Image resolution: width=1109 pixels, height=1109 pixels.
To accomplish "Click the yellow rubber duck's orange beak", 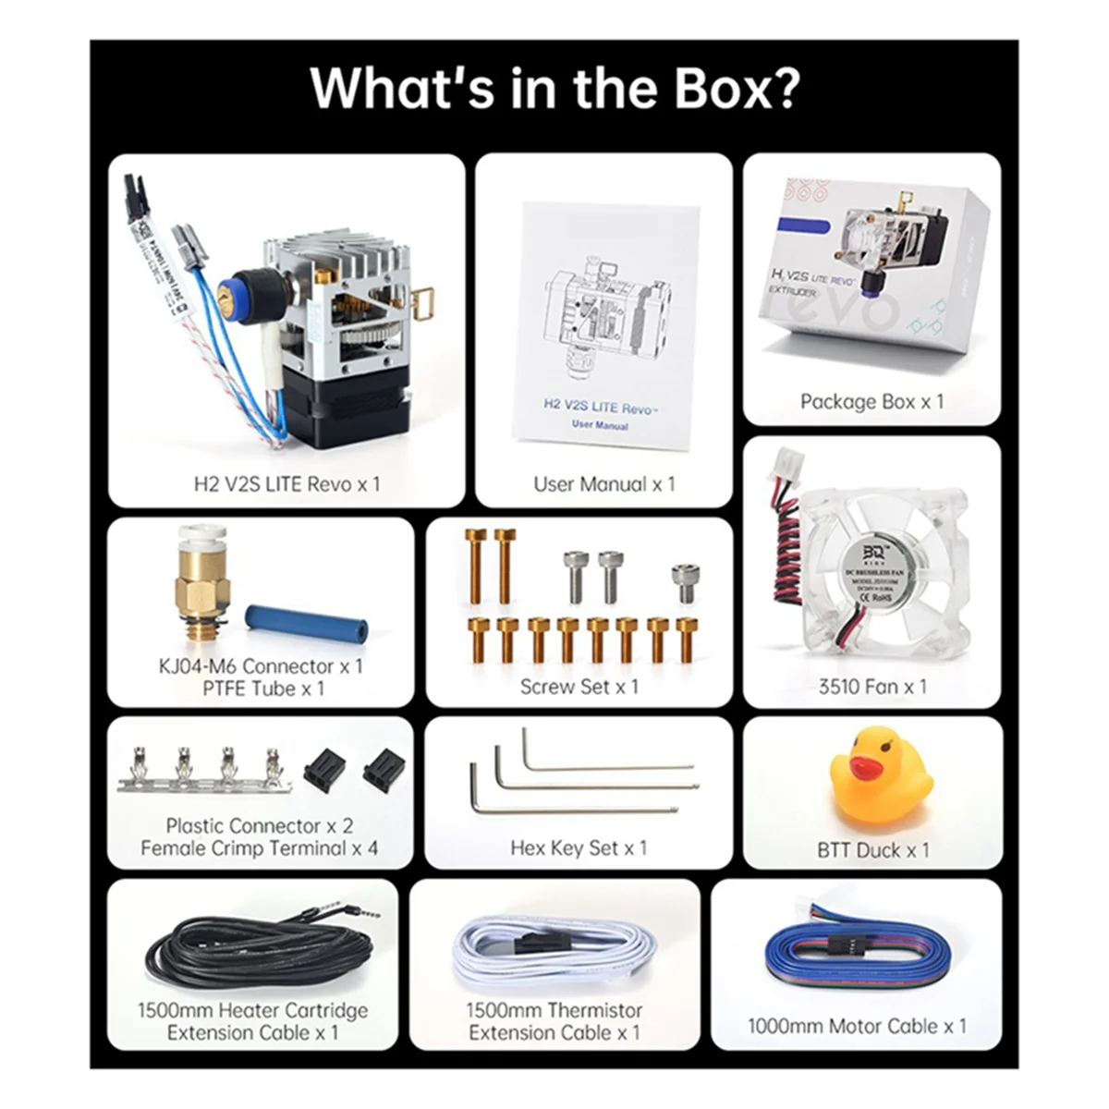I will coord(863,766).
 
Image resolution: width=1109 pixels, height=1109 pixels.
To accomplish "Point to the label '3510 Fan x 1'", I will coord(871,687).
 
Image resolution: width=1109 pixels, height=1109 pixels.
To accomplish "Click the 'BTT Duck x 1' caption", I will coord(872,850).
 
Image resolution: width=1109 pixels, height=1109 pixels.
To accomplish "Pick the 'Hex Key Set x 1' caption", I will coord(579,847).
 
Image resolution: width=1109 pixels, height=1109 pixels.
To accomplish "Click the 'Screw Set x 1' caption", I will coord(579,687).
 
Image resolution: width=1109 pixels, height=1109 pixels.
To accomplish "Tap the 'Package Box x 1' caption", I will coord(871,402).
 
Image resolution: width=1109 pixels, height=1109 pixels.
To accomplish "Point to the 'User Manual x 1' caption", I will coord(603,483).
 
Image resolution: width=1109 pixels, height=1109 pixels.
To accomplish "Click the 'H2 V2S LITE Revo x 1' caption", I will coord(286,483).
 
